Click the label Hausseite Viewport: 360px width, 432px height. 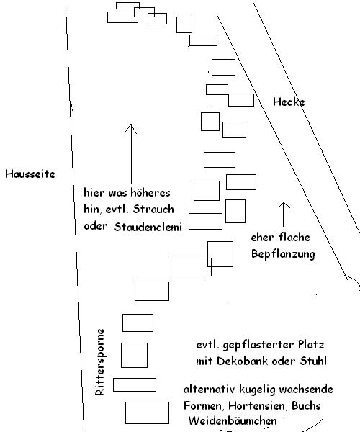click(30, 174)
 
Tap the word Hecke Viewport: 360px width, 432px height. click(289, 102)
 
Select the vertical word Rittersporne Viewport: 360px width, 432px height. click(99, 362)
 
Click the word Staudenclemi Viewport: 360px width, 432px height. click(148, 227)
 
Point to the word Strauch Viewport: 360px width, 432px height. click(153, 210)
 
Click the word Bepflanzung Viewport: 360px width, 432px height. click(283, 254)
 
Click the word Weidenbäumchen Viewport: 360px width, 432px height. click(233, 420)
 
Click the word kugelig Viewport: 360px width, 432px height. click(257, 390)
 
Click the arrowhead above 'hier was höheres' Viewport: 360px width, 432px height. click(131, 125)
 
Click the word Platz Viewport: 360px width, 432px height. click(311, 345)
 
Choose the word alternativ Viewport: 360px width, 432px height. click(209, 390)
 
